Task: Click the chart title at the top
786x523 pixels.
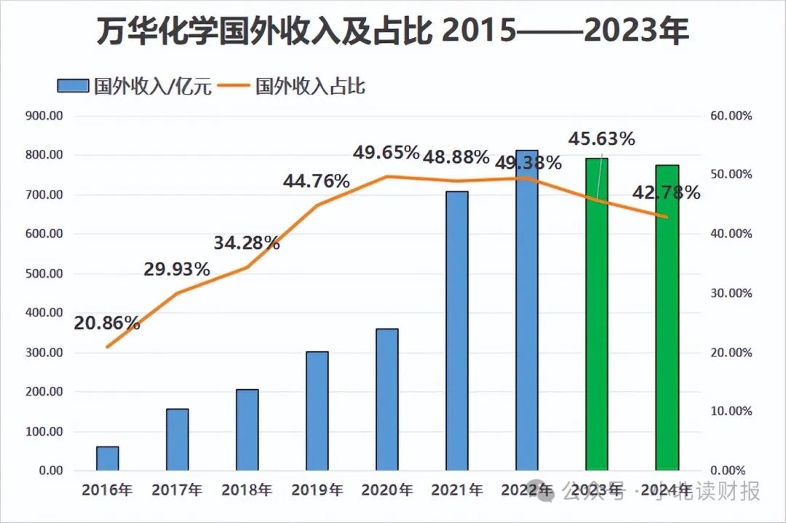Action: tap(392, 33)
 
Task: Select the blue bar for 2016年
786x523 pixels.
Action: tap(107, 458)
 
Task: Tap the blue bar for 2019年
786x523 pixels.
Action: tap(317, 411)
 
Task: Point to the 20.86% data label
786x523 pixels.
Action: tap(106, 322)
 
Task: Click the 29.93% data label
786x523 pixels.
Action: tap(176, 269)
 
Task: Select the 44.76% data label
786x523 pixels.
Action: tap(316, 180)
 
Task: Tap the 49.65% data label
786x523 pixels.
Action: tap(386, 153)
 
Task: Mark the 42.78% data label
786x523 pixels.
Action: tap(667, 193)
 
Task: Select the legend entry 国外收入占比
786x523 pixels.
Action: tap(310, 87)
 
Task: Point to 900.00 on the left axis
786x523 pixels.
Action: tap(44, 116)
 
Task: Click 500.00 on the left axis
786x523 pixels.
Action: tap(44, 274)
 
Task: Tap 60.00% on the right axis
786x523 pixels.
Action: tap(730, 116)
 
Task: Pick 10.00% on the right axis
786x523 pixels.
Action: tap(730, 411)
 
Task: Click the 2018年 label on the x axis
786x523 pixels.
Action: tap(247, 490)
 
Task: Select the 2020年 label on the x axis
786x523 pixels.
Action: tap(386, 490)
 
